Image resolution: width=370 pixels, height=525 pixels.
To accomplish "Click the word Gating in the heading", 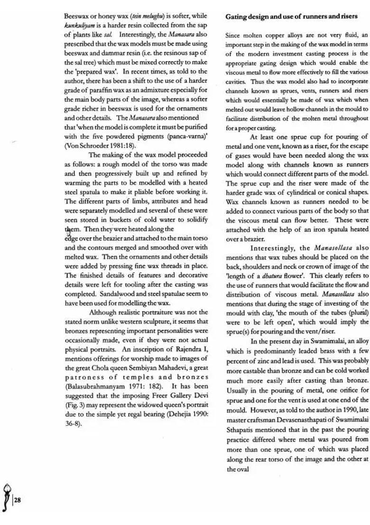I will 236,16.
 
